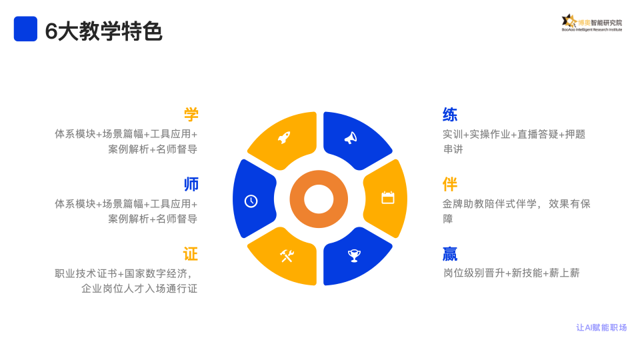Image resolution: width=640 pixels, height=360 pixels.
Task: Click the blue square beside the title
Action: click(x=25, y=29)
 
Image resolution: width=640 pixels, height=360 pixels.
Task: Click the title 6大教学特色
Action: click(x=104, y=31)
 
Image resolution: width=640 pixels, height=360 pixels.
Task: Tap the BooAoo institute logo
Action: click(x=592, y=23)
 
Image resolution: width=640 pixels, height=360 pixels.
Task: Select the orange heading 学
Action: click(x=191, y=115)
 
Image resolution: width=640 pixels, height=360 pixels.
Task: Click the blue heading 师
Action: click(x=191, y=185)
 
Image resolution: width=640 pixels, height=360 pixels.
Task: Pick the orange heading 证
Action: click(x=191, y=254)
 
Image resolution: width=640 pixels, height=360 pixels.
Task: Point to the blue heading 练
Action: click(x=450, y=115)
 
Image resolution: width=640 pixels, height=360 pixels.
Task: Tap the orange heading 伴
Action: click(x=450, y=185)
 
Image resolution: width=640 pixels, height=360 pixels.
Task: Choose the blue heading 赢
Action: click(x=450, y=254)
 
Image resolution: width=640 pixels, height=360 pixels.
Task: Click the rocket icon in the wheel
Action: click(x=284, y=137)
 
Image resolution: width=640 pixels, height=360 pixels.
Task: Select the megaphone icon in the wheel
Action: click(x=351, y=138)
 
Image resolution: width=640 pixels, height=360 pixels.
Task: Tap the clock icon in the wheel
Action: click(x=251, y=201)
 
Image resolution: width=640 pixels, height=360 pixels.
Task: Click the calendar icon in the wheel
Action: click(x=388, y=197)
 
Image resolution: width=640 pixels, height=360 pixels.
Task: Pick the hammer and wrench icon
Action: click(x=287, y=256)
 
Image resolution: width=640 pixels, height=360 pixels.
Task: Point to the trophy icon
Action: click(x=354, y=256)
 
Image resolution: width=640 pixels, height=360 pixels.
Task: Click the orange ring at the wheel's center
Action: click(x=319, y=199)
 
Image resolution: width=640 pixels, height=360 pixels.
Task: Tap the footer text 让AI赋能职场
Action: click(x=601, y=327)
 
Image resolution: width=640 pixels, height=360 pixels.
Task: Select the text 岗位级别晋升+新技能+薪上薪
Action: click(x=511, y=273)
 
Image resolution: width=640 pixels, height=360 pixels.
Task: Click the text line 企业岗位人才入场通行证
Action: click(x=139, y=289)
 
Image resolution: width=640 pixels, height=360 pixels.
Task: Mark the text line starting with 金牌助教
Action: click(x=516, y=204)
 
